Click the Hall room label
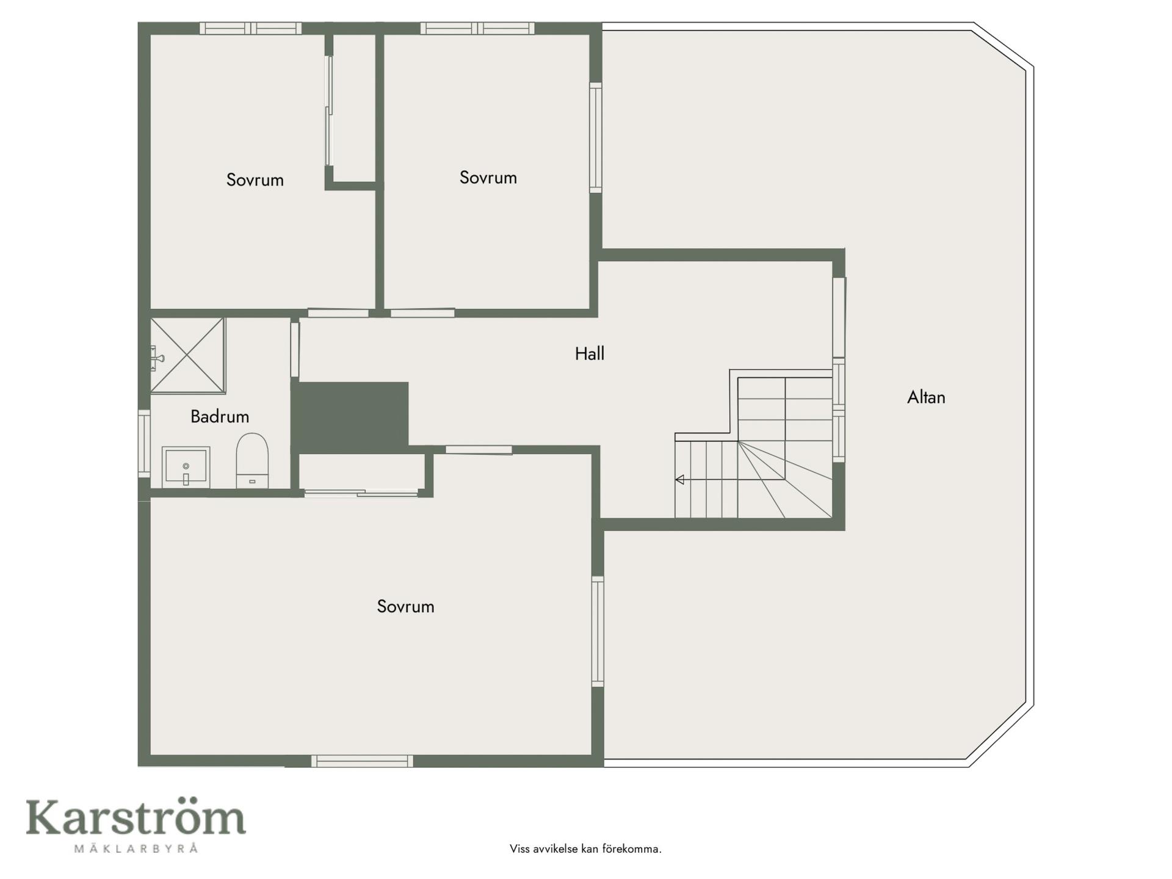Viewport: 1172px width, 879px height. (589, 353)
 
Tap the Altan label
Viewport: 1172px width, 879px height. (926, 397)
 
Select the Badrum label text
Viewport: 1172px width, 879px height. (220, 417)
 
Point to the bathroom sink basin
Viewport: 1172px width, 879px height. (186, 468)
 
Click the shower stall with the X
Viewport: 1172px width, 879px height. (187, 355)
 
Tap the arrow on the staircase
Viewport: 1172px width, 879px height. (679, 480)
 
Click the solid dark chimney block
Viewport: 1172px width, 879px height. (353, 418)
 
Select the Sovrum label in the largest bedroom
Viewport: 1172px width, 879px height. (405, 607)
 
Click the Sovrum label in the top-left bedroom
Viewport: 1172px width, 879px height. (255, 180)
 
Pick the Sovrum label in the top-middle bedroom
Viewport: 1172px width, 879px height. (488, 178)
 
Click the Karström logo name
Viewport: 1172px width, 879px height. (136, 817)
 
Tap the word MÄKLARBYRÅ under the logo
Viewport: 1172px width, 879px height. (136, 848)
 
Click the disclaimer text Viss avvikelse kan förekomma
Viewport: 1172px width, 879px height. (585, 849)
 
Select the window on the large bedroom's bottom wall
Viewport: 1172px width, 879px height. (362, 761)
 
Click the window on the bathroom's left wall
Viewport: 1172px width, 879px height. (144, 444)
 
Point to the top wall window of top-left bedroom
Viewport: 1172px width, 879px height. (251, 28)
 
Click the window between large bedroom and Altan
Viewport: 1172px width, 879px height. (598, 632)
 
